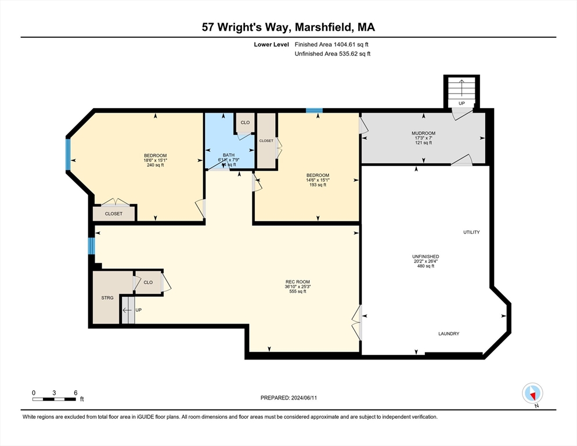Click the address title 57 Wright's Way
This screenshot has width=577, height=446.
(288, 27)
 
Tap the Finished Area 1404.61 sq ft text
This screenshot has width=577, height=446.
(331, 44)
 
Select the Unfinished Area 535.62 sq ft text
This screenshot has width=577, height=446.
(332, 54)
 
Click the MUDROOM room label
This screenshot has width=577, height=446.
(423, 133)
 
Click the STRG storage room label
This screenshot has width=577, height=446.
(107, 298)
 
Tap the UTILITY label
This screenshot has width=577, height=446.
(471, 232)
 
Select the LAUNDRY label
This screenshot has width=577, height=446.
(448, 334)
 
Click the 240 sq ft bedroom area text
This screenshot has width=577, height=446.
(155, 165)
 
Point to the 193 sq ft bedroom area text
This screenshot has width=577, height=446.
(318, 185)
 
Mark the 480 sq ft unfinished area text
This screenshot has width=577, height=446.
(425, 266)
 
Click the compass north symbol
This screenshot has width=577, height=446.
(532, 393)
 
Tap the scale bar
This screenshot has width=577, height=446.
(54, 399)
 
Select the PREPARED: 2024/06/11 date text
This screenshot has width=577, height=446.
(288, 398)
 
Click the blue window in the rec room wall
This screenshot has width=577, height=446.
(91, 246)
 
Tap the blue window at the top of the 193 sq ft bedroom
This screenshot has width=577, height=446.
(314, 110)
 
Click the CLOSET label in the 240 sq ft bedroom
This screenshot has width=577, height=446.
(114, 214)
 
